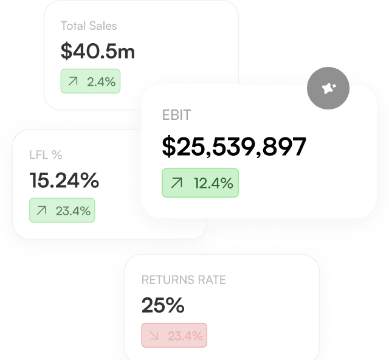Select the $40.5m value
pyautogui.click(x=97, y=52)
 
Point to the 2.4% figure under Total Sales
pyautogui.click(x=101, y=81)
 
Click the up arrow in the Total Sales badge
pyautogui.click(x=74, y=81)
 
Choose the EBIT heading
pyautogui.click(x=176, y=116)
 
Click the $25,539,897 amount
pyautogui.click(x=234, y=147)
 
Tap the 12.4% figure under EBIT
pyautogui.click(x=213, y=183)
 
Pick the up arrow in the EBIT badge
pyautogui.click(x=177, y=183)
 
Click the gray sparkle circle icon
pyautogui.click(x=328, y=88)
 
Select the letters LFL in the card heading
pyautogui.click(x=38, y=155)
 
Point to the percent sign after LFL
pyautogui.click(x=57, y=155)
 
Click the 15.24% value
pyautogui.click(x=64, y=180)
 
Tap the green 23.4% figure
pyautogui.click(x=73, y=211)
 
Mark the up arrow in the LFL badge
pyautogui.click(x=42, y=211)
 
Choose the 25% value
pyautogui.click(x=162, y=305)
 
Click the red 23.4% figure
pyautogui.click(x=185, y=336)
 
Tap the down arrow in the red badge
pyautogui.click(x=154, y=336)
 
